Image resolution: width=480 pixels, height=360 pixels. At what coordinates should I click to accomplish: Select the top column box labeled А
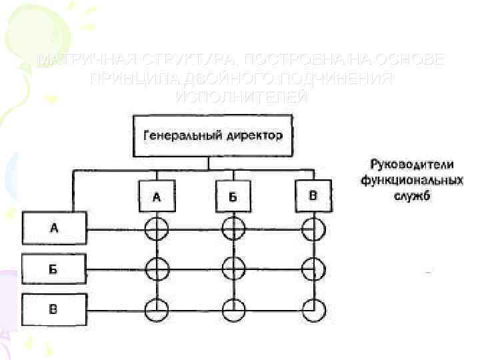(157, 197)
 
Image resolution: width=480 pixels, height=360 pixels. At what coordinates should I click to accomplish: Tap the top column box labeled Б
(233, 197)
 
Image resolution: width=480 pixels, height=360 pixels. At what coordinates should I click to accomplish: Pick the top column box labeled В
(312, 195)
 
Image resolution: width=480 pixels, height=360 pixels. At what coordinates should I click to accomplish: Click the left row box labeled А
(54, 229)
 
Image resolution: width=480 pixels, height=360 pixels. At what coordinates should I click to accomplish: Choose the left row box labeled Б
(54, 269)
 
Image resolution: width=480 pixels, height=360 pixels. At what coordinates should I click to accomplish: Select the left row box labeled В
(54, 309)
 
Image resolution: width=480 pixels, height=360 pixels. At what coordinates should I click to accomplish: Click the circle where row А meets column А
(157, 229)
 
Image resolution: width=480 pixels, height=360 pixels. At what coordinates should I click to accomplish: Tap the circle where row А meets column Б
(233, 229)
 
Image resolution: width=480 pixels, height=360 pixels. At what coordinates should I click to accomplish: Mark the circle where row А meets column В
(313, 229)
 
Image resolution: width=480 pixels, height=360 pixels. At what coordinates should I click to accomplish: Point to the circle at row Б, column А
(157, 269)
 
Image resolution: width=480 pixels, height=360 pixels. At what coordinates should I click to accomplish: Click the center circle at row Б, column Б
(233, 269)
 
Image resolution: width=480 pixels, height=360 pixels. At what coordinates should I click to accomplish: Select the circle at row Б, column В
(313, 269)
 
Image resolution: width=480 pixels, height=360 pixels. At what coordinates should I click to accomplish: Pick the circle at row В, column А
(157, 309)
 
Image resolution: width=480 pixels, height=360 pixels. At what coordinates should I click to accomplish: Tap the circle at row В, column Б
(233, 309)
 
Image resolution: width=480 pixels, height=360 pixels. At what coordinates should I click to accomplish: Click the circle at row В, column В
(313, 309)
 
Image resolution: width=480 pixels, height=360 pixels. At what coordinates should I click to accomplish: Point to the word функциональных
(411, 180)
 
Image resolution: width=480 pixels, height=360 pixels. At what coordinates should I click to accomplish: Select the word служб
(411, 196)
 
